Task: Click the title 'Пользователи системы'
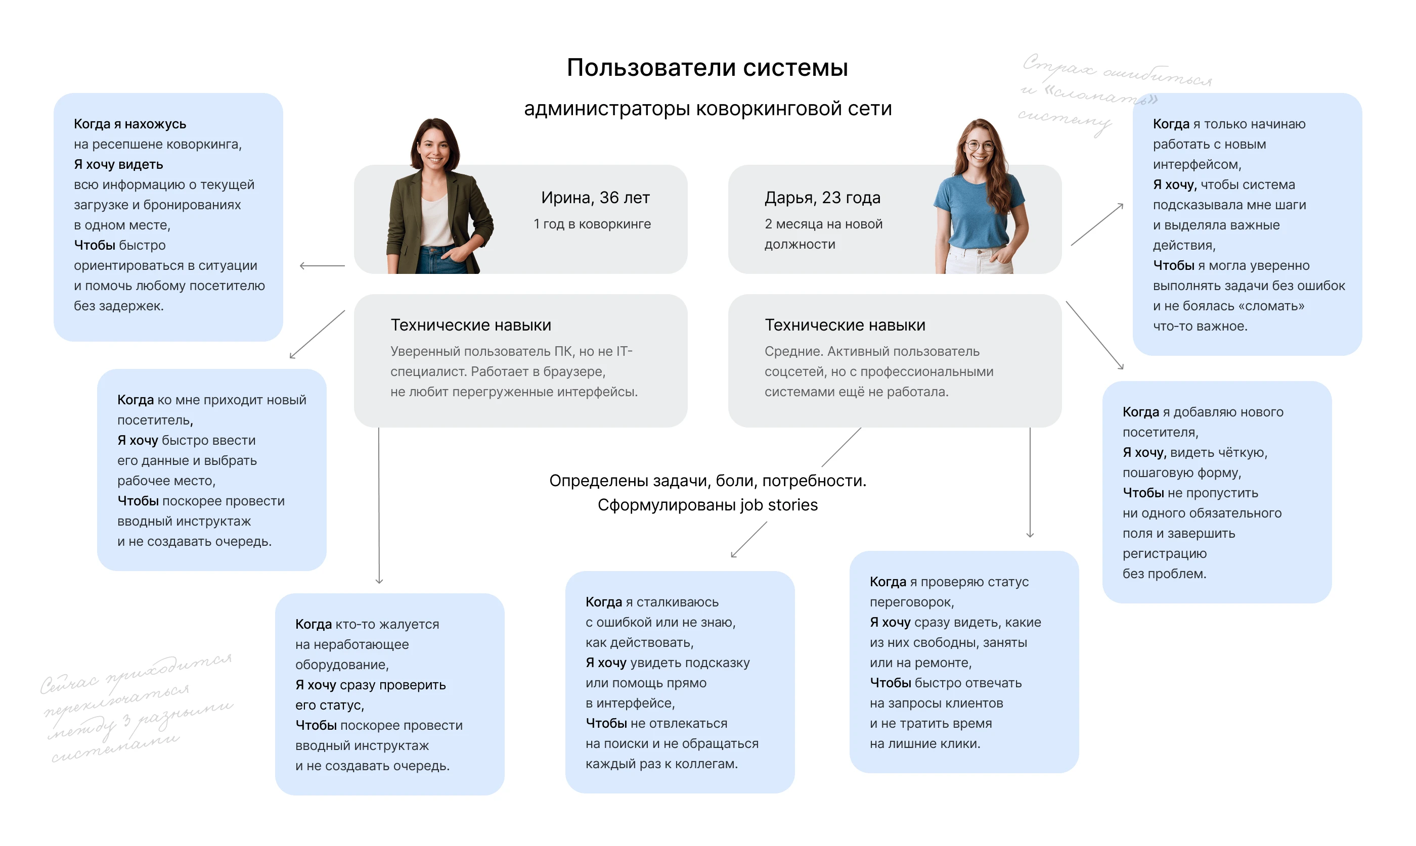(x=707, y=68)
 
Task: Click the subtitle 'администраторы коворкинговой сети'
(x=707, y=108)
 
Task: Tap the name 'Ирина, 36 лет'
(x=595, y=198)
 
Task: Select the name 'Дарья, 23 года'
(x=822, y=198)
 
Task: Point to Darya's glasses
(x=980, y=146)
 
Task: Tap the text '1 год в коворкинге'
(x=592, y=224)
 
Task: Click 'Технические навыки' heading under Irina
(x=470, y=325)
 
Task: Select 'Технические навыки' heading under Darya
(x=845, y=325)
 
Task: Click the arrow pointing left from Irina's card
(x=322, y=266)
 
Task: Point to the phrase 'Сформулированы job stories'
(x=707, y=505)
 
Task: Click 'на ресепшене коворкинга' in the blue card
(x=157, y=144)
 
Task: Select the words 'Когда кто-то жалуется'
(x=367, y=624)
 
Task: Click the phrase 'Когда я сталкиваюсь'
(x=652, y=602)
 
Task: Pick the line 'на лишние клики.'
(x=924, y=743)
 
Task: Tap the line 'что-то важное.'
(x=1200, y=326)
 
